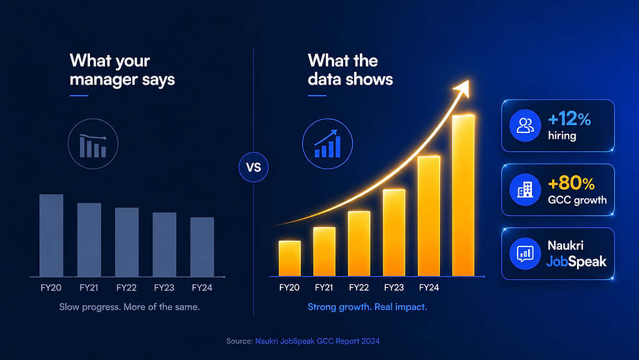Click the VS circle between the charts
[x=254, y=167]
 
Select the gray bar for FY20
[x=52, y=235]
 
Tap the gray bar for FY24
[x=202, y=247]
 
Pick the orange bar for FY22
[x=359, y=244]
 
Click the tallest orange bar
[x=464, y=196]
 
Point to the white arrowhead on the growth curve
[x=462, y=89]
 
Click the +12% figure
[x=569, y=119]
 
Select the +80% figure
[x=571, y=183]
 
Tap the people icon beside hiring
[x=526, y=126]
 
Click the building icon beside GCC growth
[x=526, y=190]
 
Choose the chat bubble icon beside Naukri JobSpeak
[x=526, y=254]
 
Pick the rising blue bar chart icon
[x=327, y=144]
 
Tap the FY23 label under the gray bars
[x=164, y=288]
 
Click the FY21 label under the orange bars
[x=324, y=288]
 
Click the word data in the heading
[x=325, y=79]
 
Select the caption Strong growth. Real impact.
[x=367, y=307]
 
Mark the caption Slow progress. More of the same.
[x=130, y=307]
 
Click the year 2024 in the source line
[x=370, y=341]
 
